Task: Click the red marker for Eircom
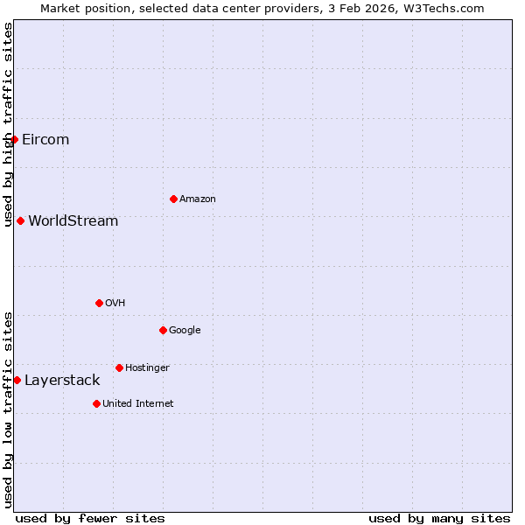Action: (x=14, y=140)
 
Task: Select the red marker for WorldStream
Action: (x=20, y=220)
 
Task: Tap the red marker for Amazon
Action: (x=173, y=199)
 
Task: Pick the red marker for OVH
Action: (x=99, y=303)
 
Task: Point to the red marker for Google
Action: (x=163, y=330)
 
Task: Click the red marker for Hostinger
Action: (x=119, y=367)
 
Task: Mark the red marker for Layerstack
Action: (x=17, y=380)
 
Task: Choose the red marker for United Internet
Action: (x=96, y=403)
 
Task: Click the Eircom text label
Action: (x=45, y=140)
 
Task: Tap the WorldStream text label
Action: (x=73, y=220)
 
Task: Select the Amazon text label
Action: (x=198, y=199)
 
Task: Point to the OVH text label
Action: (x=115, y=303)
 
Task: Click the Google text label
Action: (x=185, y=330)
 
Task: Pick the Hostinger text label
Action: (x=147, y=367)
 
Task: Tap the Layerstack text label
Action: (x=62, y=380)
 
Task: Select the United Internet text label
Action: (x=138, y=403)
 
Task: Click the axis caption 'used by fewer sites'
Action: (x=90, y=518)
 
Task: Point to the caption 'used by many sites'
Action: (x=439, y=518)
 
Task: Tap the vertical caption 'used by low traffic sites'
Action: (x=8, y=409)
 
